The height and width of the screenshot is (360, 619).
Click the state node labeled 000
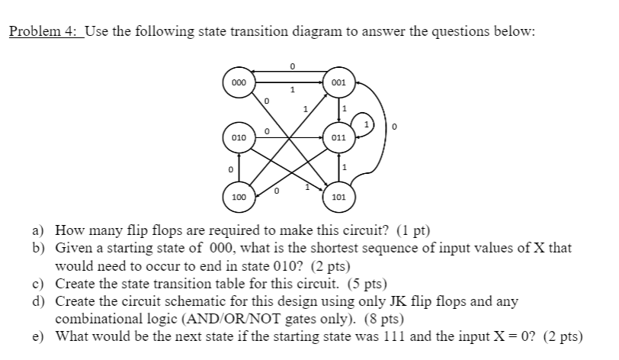click(x=239, y=82)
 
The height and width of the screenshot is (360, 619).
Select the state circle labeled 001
click(x=339, y=82)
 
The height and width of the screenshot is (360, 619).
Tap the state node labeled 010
click(x=239, y=138)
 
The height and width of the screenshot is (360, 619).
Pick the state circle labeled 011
click(x=339, y=138)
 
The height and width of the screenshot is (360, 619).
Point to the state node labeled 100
click(x=239, y=197)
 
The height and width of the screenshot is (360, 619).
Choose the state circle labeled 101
click(x=339, y=197)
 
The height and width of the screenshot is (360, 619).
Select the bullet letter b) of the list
click(x=37, y=249)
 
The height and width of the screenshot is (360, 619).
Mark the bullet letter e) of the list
click(x=37, y=336)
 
